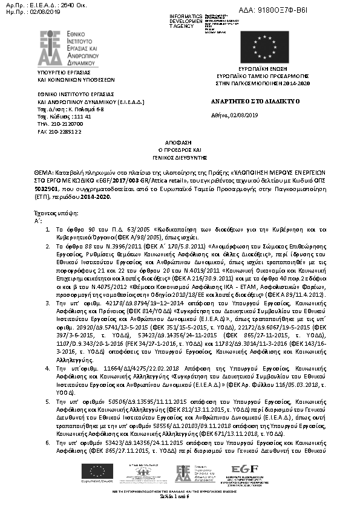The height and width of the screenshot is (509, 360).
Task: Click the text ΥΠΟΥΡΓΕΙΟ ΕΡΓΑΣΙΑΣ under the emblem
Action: (61, 72)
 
